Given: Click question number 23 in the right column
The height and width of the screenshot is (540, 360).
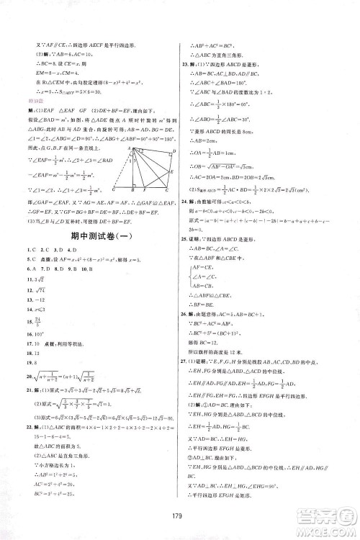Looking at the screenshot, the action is [186, 64].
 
